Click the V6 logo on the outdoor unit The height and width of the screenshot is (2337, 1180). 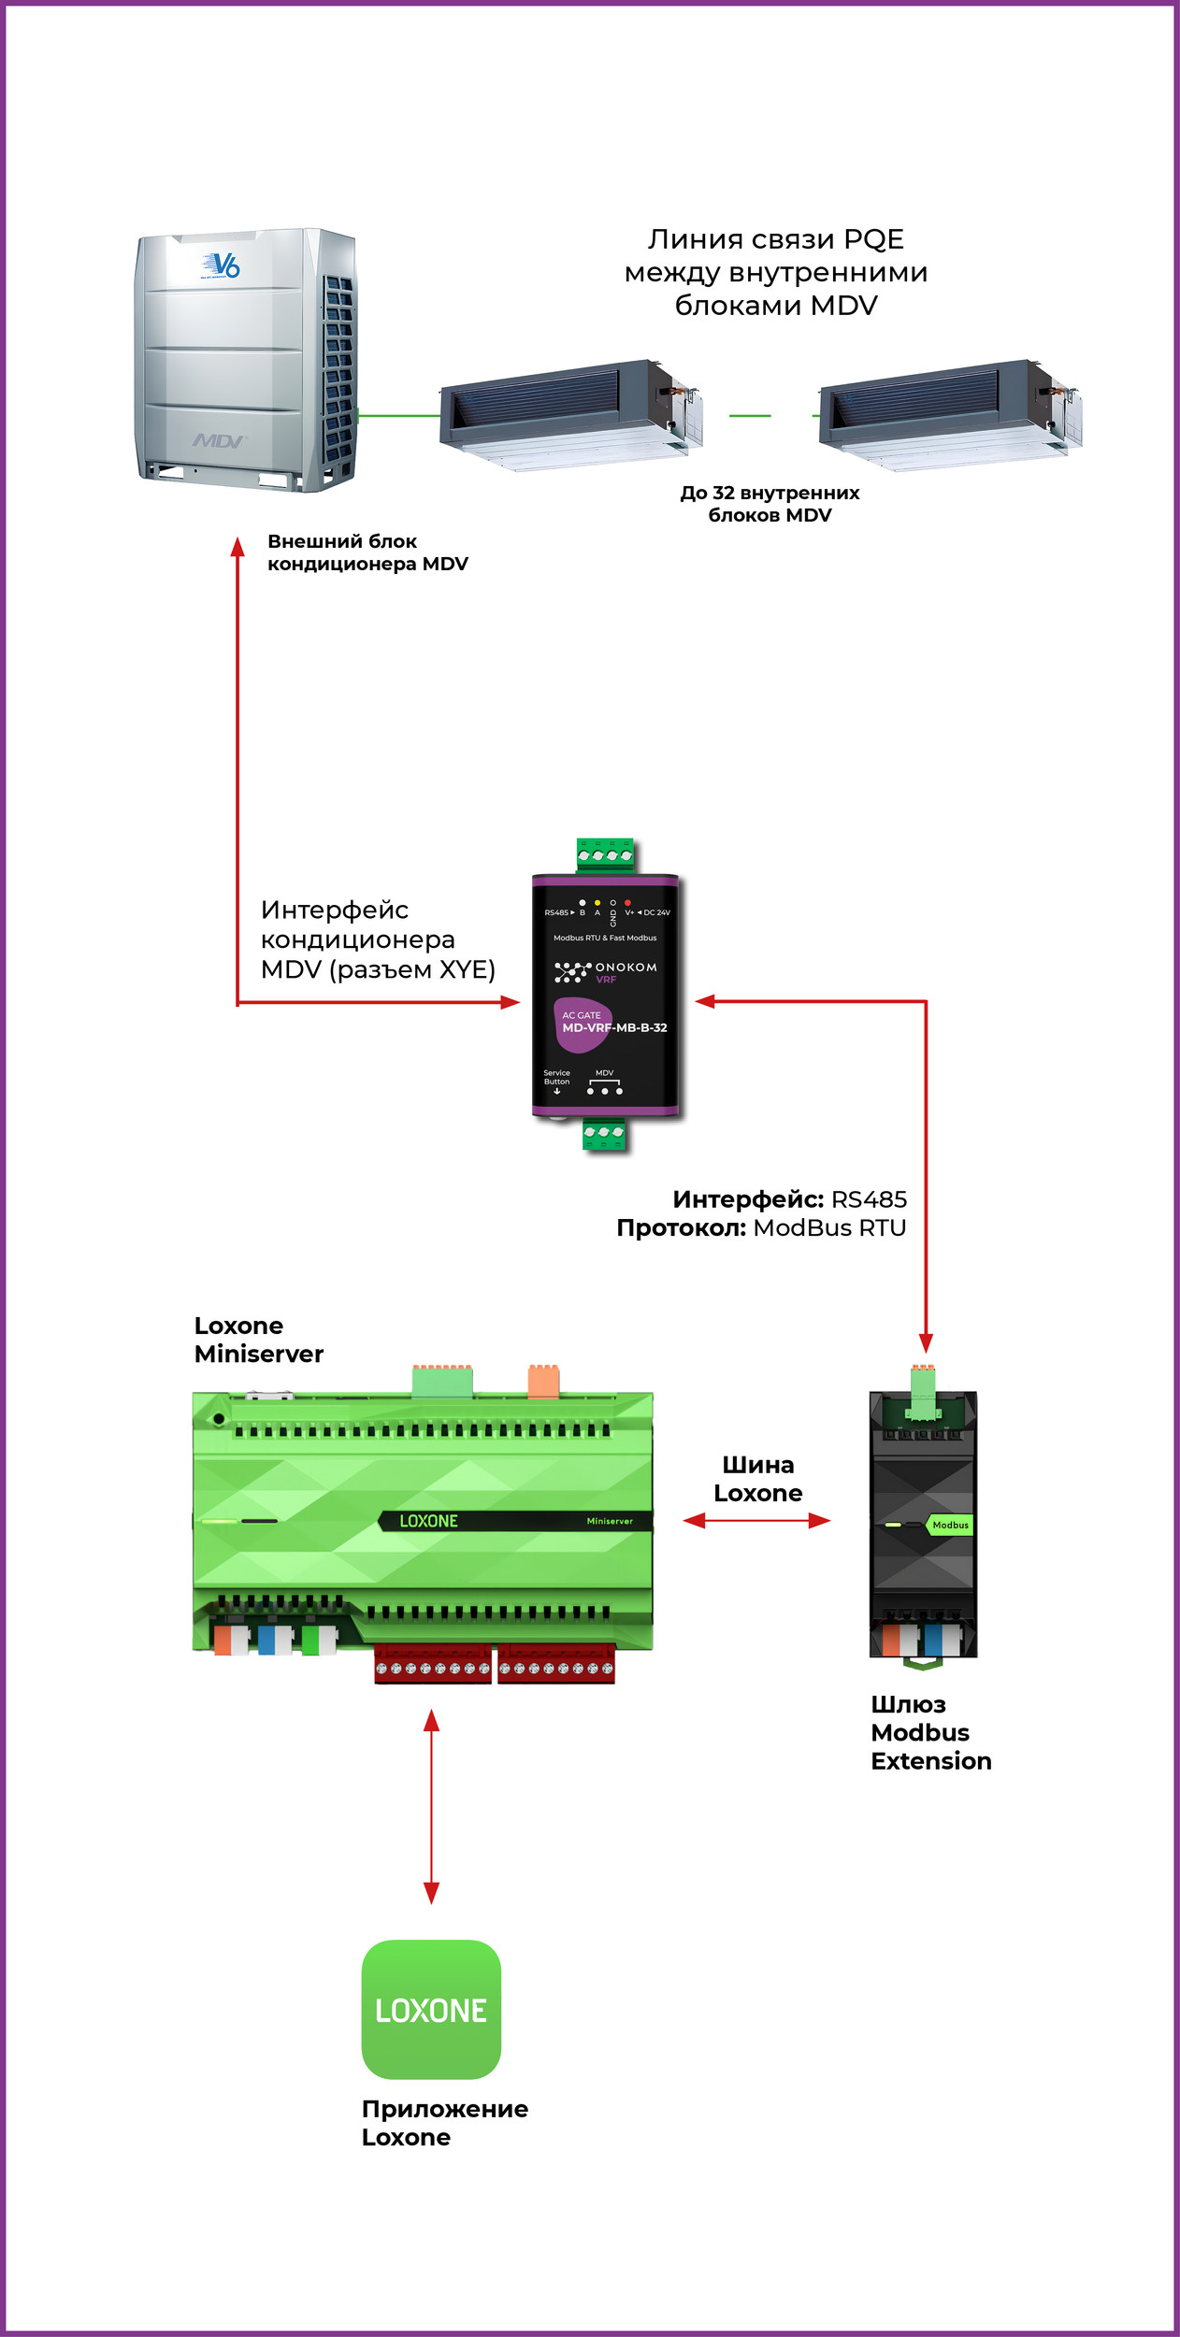[x=223, y=265]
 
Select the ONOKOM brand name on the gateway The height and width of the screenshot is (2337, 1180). [x=626, y=968]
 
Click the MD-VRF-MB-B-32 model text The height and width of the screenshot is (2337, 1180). [x=614, y=1027]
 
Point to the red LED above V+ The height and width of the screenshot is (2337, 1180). [x=627, y=903]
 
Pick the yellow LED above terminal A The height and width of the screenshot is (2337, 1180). [x=597, y=903]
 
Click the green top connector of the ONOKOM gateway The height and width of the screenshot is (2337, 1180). [x=605, y=854]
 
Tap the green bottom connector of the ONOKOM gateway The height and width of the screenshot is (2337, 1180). [x=604, y=1132]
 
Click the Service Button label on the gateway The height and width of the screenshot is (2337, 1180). [x=556, y=1078]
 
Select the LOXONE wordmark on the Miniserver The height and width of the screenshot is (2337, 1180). [x=428, y=1521]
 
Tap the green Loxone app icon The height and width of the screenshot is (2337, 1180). [x=431, y=2010]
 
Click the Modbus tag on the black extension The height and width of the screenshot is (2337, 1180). [x=950, y=1525]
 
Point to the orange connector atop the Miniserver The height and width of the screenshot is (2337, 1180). [x=543, y=1382]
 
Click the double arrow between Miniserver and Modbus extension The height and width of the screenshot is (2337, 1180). [x=756, y=1521]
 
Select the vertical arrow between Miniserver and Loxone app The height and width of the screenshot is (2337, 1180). [x=431, y=1807]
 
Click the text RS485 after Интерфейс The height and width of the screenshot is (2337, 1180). [x=869, y=1199]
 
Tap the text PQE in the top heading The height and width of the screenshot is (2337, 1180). [x=873, y=239]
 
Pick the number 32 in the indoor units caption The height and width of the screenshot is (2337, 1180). [x=724, y=493]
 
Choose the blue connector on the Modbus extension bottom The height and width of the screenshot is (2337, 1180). [x=932, y=1640]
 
